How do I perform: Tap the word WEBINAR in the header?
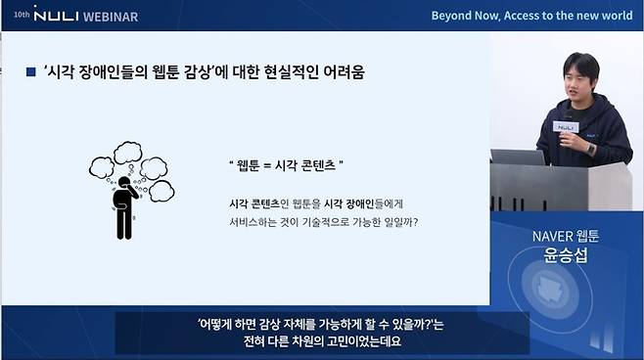coord(108,15)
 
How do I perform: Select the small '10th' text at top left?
coord(22,16)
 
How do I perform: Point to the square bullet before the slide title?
coord(30,72)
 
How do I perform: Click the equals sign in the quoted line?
coord(262,165)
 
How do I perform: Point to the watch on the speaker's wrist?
coord(591,149)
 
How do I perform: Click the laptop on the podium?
coord(518,157)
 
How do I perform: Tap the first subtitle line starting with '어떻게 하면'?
coord(322,324)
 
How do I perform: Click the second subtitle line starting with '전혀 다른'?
coord(322,342)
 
